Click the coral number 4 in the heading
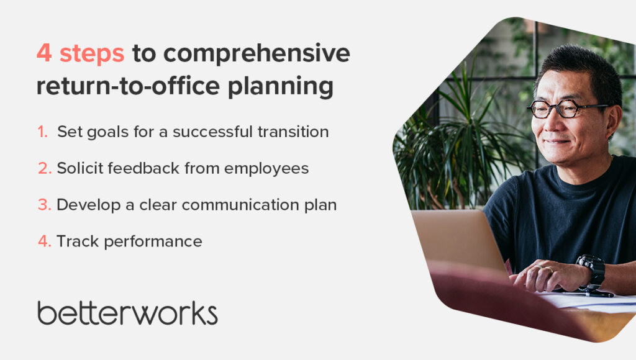[x=44, y=53]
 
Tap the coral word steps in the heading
[x=92, y=54]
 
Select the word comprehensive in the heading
[x=257, y=54]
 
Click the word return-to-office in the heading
[x=128, y=86]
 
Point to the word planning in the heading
[x=281, y=87]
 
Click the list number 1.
[x=43, y=132]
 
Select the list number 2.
[x=45, y=168]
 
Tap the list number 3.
[x=45, y=205]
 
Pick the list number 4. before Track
[x=45, y=241]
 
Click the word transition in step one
[x=293, y=132]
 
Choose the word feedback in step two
[x=143, y=168]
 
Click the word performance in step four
[x=153, y=242]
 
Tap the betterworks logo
[x=127, y=313]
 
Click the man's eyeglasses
[x=567, y=109]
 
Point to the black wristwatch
[x=593, y=271]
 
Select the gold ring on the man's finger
[x=548, y=269]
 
